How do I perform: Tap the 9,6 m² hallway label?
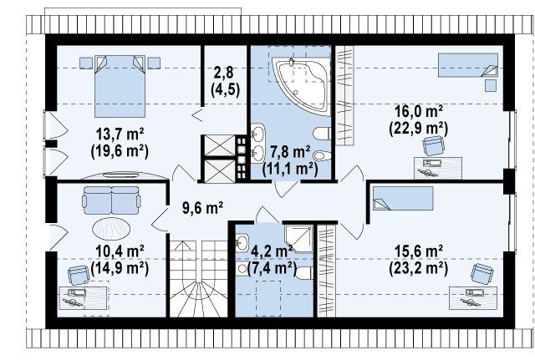(202, 207)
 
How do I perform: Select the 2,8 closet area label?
(225, 73)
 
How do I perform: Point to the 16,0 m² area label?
(419, 111)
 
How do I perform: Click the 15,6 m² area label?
(419, 251)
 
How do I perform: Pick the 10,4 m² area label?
(120, 251)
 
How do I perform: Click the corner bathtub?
(301, 85)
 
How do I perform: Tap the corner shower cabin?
(299, 239)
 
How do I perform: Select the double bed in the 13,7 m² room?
(120, 86)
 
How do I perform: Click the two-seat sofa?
(111, 200)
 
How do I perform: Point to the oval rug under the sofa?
(111, 229)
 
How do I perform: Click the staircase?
(199, 279)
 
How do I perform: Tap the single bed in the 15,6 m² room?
(403, 198)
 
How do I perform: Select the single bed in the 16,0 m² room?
(468, 65)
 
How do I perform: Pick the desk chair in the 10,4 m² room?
(79, 276)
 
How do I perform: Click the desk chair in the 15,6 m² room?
(482, 273)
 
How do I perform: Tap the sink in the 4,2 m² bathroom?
(242, 242)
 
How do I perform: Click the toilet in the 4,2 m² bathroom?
(304, 273)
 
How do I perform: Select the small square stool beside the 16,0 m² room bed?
(491, 85)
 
